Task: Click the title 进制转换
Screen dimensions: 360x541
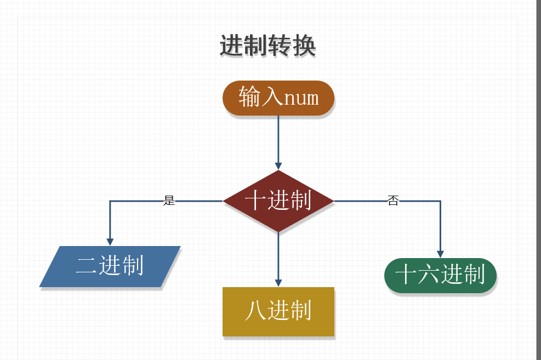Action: pyautogui.click(x=267, y=46)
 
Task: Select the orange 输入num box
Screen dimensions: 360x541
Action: pyautogui.click(x=278, y=98)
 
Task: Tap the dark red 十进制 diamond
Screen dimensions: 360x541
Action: pyautogui.click(x=278, y=201)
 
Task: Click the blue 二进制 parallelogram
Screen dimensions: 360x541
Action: pyautogui.click(x=110, y=266)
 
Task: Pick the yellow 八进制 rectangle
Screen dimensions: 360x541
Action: pyautogui.click(x=278, y=311)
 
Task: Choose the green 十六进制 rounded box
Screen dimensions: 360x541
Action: pyautogui.click(x=440, y=275)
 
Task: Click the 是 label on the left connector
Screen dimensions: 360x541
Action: pyautogui.click(x=169, y=201)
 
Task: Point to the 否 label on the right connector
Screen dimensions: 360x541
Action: pyautogui.click(x=393, y=201)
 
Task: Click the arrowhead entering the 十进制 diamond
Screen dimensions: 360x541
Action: pyautogui.click(x=278, y=166)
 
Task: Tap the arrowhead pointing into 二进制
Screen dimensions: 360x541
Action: pyautogui.click(x=110, y=242)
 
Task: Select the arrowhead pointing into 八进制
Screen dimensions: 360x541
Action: pyautogui.click(x=278, y=283)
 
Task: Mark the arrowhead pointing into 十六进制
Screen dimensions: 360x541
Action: pyautogui.click(x=441, y=254)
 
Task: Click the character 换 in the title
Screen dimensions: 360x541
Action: pyautogui.click(x=304, y=46)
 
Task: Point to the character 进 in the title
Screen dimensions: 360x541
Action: pyautogui.click(x=231, y=46)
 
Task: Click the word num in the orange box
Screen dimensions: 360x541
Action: pyautogui.click(x=301, y=98)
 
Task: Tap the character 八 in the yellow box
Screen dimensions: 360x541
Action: pyautogui.click(x=255, y=311)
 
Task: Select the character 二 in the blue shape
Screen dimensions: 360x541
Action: pyautogui.click(x=87, y=266)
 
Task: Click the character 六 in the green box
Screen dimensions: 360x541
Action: pyautogui.click(x=428, y=275)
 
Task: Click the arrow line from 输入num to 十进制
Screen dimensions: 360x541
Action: pyautogui.click(x=278, y=140)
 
